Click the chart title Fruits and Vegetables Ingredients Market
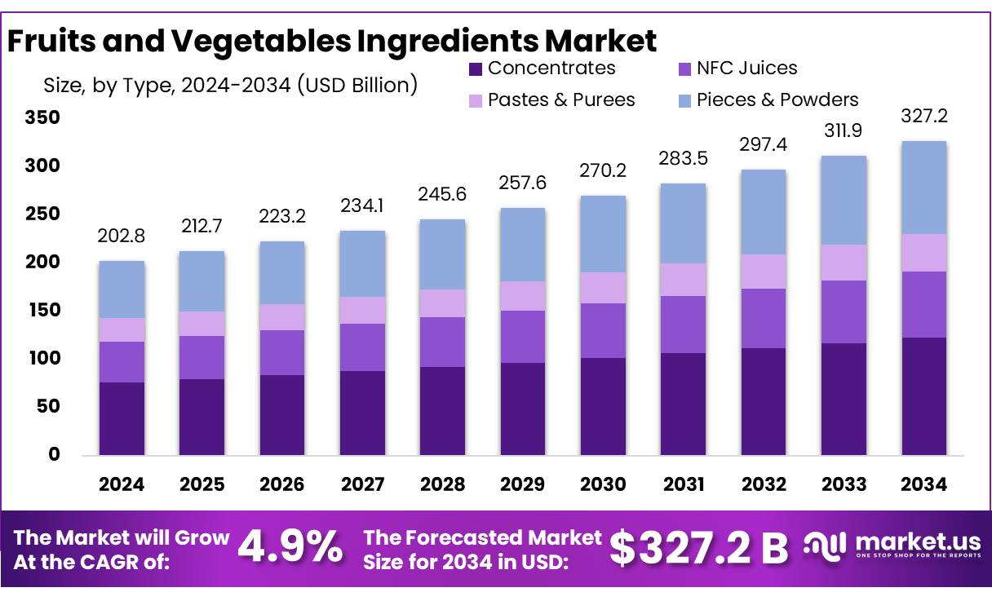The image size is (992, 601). click(x=331, y=40)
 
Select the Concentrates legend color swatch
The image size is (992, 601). click(x=476, y=69)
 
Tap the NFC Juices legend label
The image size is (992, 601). click(x=746, y=68)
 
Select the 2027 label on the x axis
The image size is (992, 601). click(x=363, y=485)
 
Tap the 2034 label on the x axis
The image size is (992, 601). click(x=924, y=485)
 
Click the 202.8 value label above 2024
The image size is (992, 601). click(x=122, y=236)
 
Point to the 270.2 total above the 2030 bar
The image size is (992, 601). click(x=603, y=172)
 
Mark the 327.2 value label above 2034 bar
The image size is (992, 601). click(x=924, y=117)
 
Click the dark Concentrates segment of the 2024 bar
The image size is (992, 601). click(x=122, y=418)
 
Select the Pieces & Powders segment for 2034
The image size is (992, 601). click(x=924, y=188)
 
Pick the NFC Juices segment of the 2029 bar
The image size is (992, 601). click(x=523, y=337)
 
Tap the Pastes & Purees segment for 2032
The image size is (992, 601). click(x=764, y=272)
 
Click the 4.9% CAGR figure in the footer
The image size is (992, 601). click(x=290, y=548)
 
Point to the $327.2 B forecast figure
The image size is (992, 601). click(x=698, y=548)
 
